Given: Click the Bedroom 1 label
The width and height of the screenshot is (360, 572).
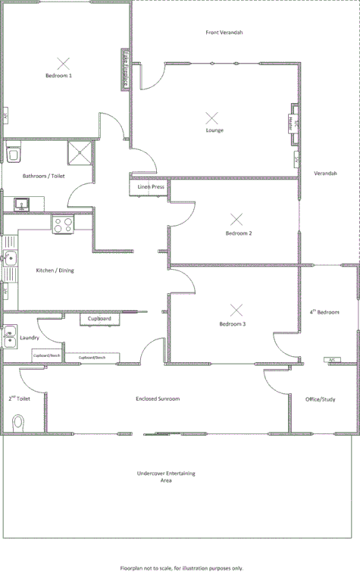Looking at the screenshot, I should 58,76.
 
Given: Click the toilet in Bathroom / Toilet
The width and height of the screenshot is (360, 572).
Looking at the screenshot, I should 11,155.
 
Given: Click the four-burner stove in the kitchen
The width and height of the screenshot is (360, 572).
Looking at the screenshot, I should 62,224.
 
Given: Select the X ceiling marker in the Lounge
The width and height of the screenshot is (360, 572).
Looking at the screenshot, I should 212,117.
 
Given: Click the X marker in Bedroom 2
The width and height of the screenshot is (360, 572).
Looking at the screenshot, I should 237,219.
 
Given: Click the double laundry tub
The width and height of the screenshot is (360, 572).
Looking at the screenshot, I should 8,336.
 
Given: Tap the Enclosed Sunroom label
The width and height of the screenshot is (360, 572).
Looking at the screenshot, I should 158,399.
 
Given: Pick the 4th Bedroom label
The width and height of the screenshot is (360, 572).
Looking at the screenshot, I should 324,312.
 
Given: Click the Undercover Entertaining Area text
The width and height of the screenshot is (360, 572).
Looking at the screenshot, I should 166,477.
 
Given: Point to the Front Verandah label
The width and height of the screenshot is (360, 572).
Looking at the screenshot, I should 224,33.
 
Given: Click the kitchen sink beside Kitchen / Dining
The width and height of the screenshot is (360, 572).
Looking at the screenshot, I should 8,260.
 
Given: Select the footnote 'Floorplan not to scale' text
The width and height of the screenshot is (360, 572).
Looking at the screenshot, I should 181,567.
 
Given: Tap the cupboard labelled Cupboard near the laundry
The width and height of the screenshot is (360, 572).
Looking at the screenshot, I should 99,319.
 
